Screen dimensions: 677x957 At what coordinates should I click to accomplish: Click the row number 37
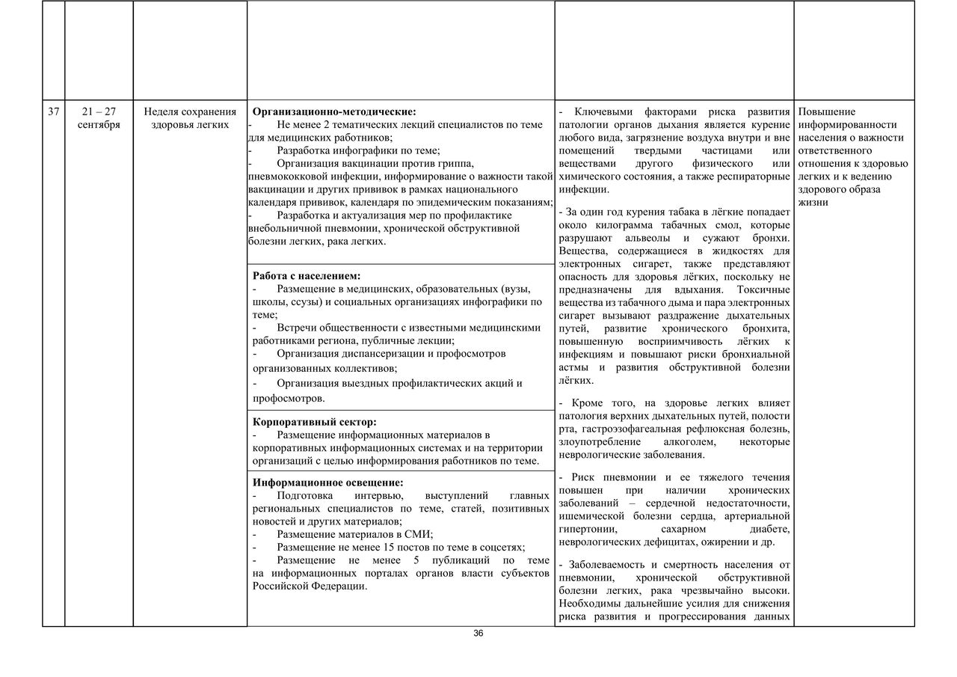53,112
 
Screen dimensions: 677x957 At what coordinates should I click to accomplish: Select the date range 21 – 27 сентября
99,118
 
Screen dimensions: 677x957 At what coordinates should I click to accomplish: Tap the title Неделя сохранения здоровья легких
190,118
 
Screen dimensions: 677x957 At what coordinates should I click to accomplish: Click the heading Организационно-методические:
334,112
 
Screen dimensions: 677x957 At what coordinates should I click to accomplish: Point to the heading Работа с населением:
307,275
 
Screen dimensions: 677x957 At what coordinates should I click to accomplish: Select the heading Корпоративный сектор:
315,422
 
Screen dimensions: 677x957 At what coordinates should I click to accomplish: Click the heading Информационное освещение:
328,483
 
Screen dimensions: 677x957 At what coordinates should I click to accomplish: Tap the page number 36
478,634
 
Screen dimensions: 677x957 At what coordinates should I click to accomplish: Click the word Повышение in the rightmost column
827,112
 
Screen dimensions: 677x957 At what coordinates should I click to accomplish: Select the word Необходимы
592,604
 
